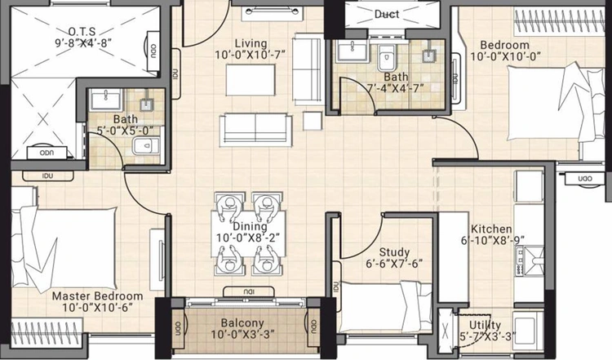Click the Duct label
coord(387,15)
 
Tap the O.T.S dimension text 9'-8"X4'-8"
coord(83,42)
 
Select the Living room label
coord(251,43)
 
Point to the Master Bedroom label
coord(98,296)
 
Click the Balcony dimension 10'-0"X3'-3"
coord(243,335)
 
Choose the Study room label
coord(394,252)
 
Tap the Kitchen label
coord(491,229)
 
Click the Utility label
coord(485,325)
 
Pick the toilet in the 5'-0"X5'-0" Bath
coord(145,146)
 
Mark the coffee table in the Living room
coord(251,80)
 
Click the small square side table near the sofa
coord(313,121)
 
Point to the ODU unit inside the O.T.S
coord(153,51)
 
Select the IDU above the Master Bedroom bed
coord(48,176)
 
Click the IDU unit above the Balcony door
coord(249,291)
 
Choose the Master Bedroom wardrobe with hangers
coord(47,333)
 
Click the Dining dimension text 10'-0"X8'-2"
coord(248,238)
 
